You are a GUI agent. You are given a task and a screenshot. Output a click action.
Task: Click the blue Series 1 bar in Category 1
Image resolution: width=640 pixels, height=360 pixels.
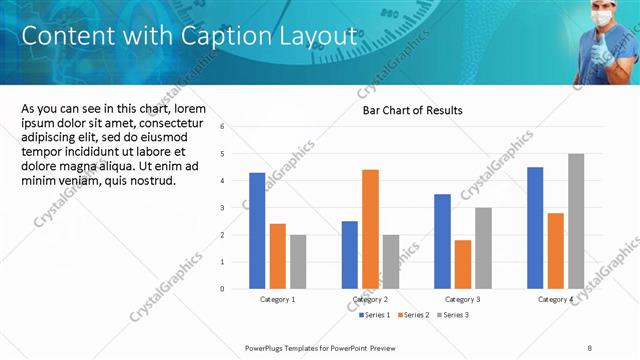pyautogui.click(x=257, y=230)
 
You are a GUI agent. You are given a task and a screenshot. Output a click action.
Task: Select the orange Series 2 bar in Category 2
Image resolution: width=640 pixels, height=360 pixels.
pyautogui.click(x=370, y=229)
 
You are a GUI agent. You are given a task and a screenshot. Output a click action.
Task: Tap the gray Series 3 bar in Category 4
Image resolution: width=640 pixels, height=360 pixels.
pyautogui.click(x=576, y=221)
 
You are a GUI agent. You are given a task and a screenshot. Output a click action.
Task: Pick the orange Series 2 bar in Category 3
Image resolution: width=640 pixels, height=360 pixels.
pyautogui.click(x=462, y=264)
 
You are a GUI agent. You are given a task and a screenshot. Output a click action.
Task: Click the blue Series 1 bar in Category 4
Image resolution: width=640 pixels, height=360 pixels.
pyautogui.click(x=535, y=228)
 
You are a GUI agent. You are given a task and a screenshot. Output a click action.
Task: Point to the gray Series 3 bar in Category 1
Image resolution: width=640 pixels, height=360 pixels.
pyautogui.click(x=298, y=261)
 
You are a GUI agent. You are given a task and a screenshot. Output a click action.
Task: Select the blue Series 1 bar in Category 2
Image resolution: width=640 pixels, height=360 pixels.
pyautogui.click(x=350, y=254)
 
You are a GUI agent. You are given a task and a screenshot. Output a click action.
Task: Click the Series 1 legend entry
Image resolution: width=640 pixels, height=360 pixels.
pyautogui.click(x=376, y=315)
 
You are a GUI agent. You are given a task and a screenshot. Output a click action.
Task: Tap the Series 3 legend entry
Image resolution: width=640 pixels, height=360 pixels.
pyautogui.click(x=452, y=315)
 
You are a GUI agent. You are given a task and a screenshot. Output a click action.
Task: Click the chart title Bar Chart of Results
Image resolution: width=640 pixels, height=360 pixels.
pyautogui.click(x=412, y=110)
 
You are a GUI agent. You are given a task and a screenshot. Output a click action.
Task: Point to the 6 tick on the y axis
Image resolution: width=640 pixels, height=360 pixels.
pyautogui.click(x=237, y=127)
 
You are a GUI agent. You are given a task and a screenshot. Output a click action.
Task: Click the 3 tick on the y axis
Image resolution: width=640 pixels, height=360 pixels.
pyautogui.click(x=237, y=208)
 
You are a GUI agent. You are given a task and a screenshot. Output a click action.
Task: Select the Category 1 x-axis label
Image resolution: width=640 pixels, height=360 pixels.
pyautogui.click(x=277, y=299)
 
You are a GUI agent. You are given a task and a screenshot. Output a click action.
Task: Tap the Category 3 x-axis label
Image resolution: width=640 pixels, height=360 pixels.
pyautogui.click(x=462, y=299)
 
